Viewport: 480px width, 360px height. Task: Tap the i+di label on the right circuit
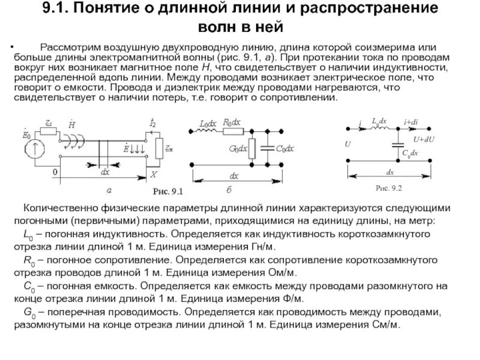pos(411,122)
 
